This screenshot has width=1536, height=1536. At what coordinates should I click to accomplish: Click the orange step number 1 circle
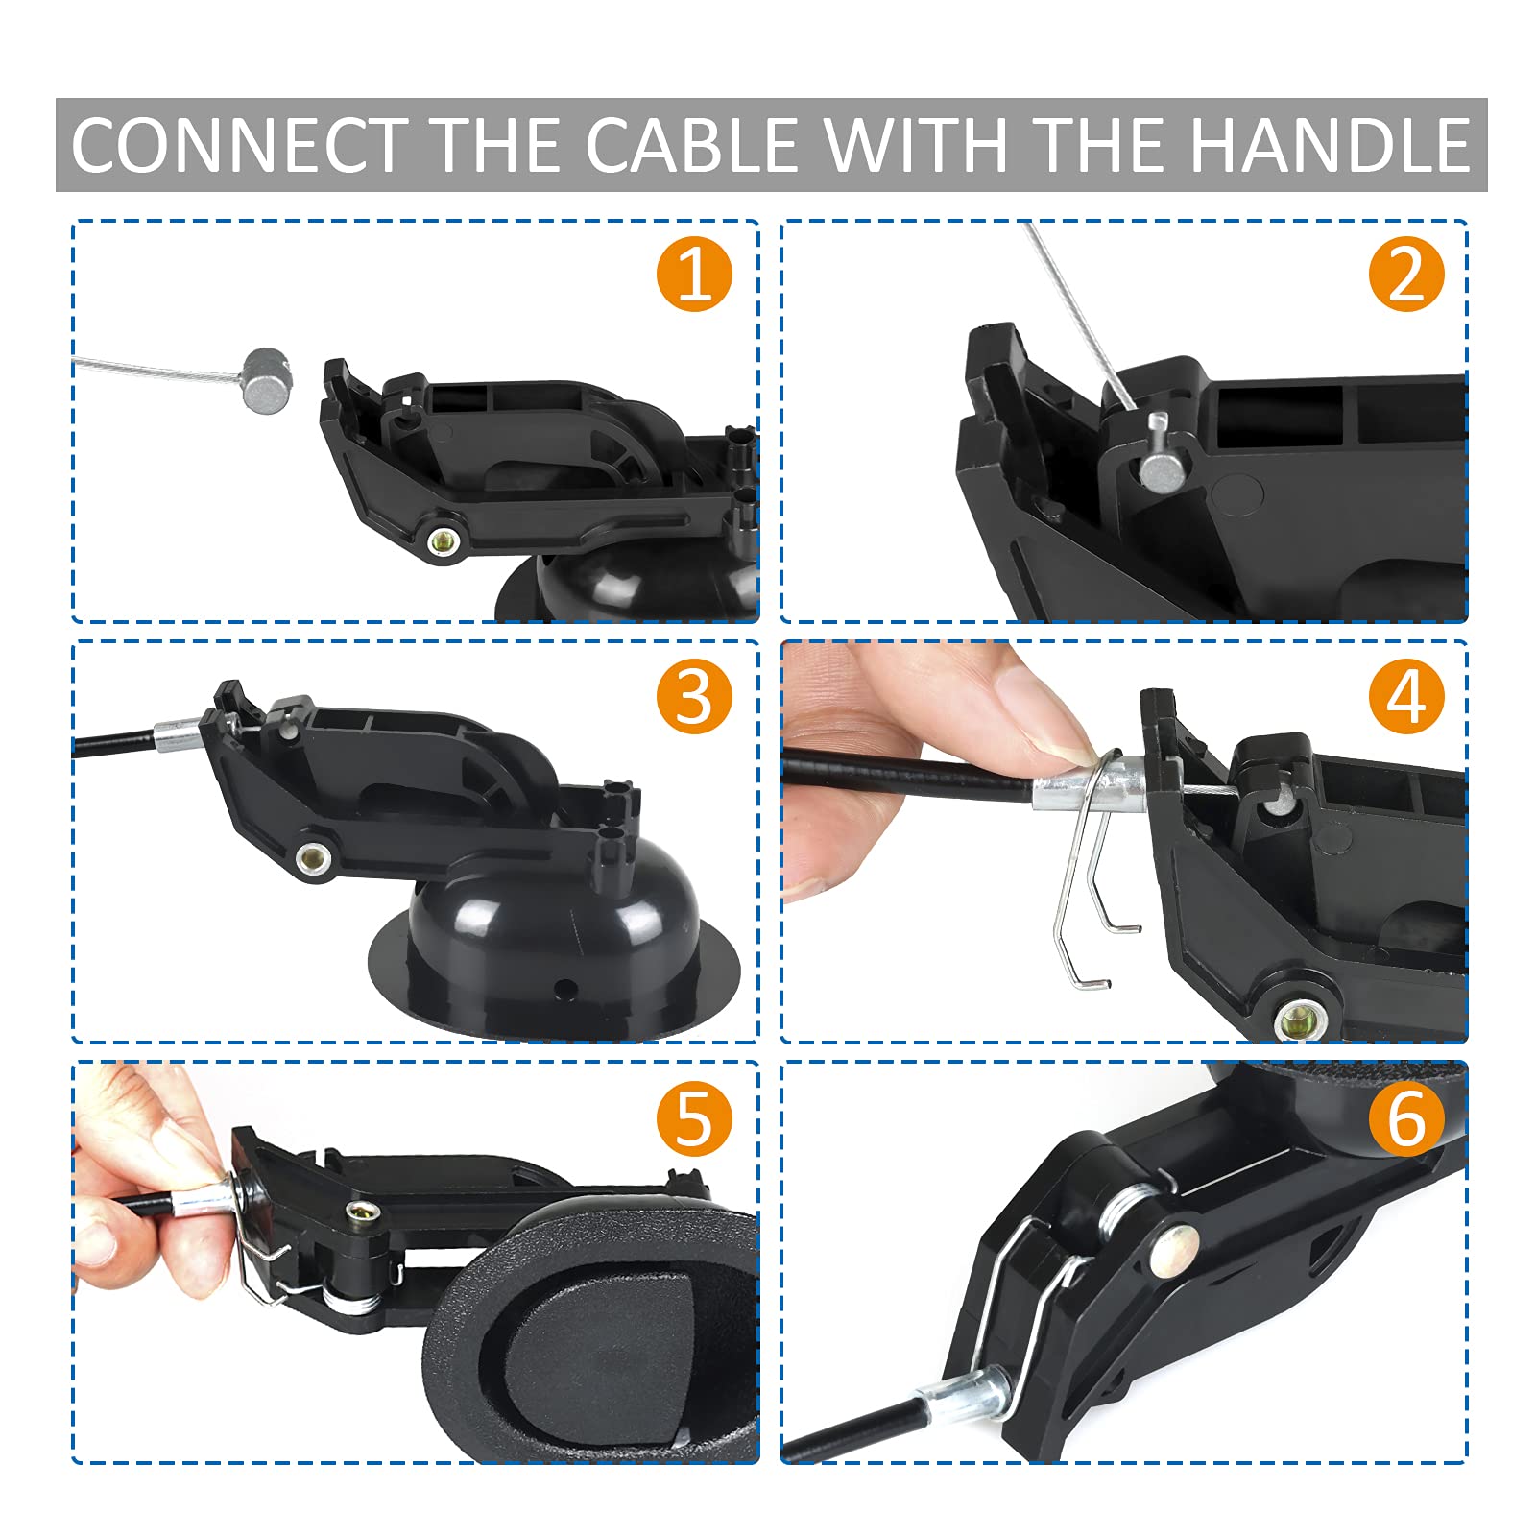[694, 275]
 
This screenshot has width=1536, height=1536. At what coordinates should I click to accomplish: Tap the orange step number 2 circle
[1405, 275]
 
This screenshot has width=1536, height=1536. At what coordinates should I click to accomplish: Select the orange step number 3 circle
[694, 697]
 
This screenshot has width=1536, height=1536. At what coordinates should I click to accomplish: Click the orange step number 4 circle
[1405, 697]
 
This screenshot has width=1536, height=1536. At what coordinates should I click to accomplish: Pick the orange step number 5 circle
[694, 1117]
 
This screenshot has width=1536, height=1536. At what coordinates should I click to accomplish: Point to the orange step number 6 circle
[1405, 1117]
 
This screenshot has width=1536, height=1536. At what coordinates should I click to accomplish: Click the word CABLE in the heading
[691, 146]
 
